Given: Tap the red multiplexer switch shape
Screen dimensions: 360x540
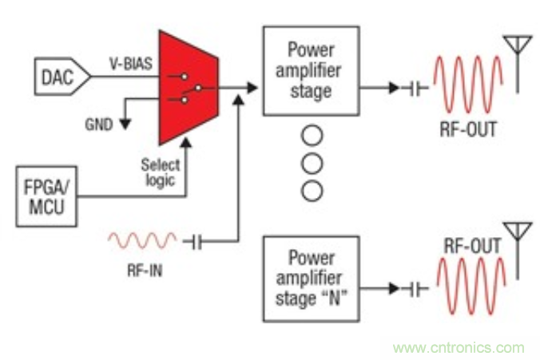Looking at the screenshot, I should (x=187, y=87).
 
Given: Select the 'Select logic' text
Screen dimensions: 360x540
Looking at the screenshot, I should (x=161, y=173).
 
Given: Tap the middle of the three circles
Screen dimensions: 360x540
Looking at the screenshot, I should (x=312, y=164).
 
